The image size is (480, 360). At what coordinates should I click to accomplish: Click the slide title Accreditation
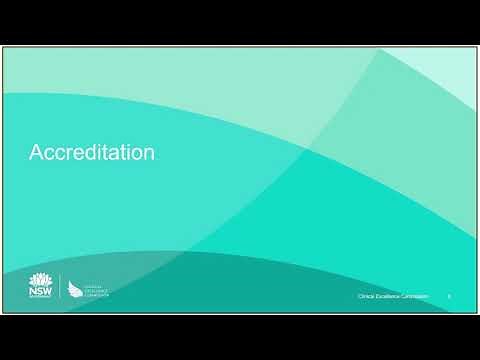coord(92,153)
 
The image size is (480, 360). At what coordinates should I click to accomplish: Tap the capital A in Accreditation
coord(36,153)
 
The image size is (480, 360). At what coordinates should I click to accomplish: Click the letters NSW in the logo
coord(38,294)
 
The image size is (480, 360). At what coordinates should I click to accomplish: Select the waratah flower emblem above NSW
coord(38,280)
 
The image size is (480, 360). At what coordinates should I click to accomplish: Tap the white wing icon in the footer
coord(75,289)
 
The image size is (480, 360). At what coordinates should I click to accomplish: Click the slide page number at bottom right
coord(449,297)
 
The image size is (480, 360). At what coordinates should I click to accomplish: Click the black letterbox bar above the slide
coord(240,22)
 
